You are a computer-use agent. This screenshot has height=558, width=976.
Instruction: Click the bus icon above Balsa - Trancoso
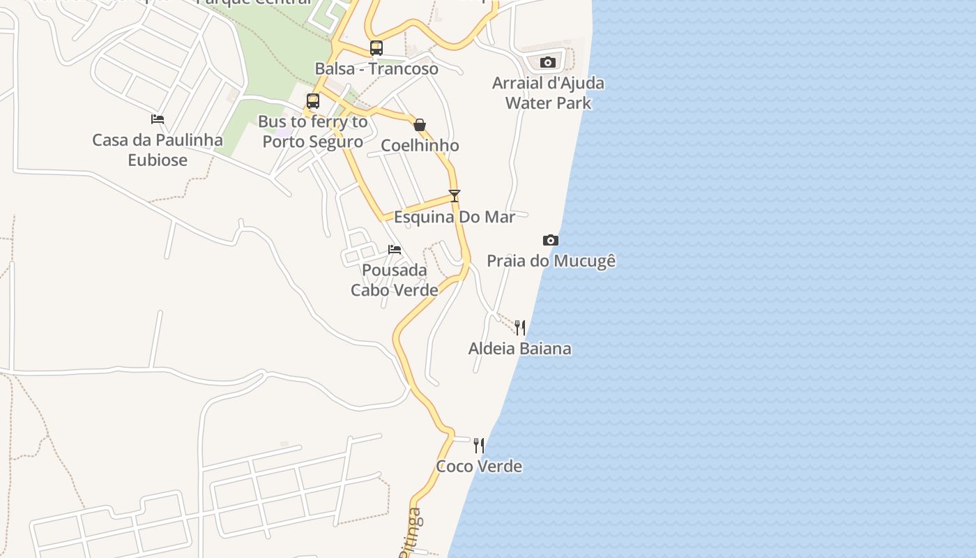click(x=376, y=48)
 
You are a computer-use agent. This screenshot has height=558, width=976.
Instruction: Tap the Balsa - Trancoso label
click(x=376, y=68)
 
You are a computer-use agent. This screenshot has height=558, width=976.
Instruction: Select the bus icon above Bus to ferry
click(x=313, y=101)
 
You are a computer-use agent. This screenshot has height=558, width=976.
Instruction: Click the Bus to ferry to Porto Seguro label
click(x=313, y=131)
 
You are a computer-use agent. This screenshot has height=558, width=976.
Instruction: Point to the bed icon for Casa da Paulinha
click(x=158, y=119)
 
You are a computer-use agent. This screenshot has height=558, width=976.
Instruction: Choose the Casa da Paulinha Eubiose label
click(x=158, y=149)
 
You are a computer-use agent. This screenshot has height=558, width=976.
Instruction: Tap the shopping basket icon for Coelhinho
click(x=420, y=126)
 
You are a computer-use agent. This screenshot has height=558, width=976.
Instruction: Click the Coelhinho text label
click(x=420, y=145)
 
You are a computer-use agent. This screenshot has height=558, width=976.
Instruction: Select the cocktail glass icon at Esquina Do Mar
click(x=455, y=196)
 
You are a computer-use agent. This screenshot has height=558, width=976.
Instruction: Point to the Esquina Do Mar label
click(x=455, y=217)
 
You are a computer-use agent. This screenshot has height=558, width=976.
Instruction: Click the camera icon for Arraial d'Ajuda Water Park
click(x=548, y=63)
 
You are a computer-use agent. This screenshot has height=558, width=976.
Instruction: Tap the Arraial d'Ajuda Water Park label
click(x=548, y=93)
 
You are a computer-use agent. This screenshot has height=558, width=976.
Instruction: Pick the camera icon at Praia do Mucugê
click(x=551, y=241)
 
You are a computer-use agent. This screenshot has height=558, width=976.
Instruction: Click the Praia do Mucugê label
click(x=551, y=261)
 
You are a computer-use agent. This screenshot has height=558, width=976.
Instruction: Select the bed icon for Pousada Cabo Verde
click(x=395, y=250)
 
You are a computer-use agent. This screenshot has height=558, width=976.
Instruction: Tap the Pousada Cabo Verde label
click(x=395, y=280)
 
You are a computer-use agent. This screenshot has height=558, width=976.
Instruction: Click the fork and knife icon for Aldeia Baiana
click(x=520, y=328)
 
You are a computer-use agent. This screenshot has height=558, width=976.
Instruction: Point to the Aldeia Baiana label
click(x=520, y=348)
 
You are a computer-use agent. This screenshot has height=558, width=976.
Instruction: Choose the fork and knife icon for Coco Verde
click(x=479, y=446)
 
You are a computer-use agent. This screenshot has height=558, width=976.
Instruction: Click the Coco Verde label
click(x=479, y=466)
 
